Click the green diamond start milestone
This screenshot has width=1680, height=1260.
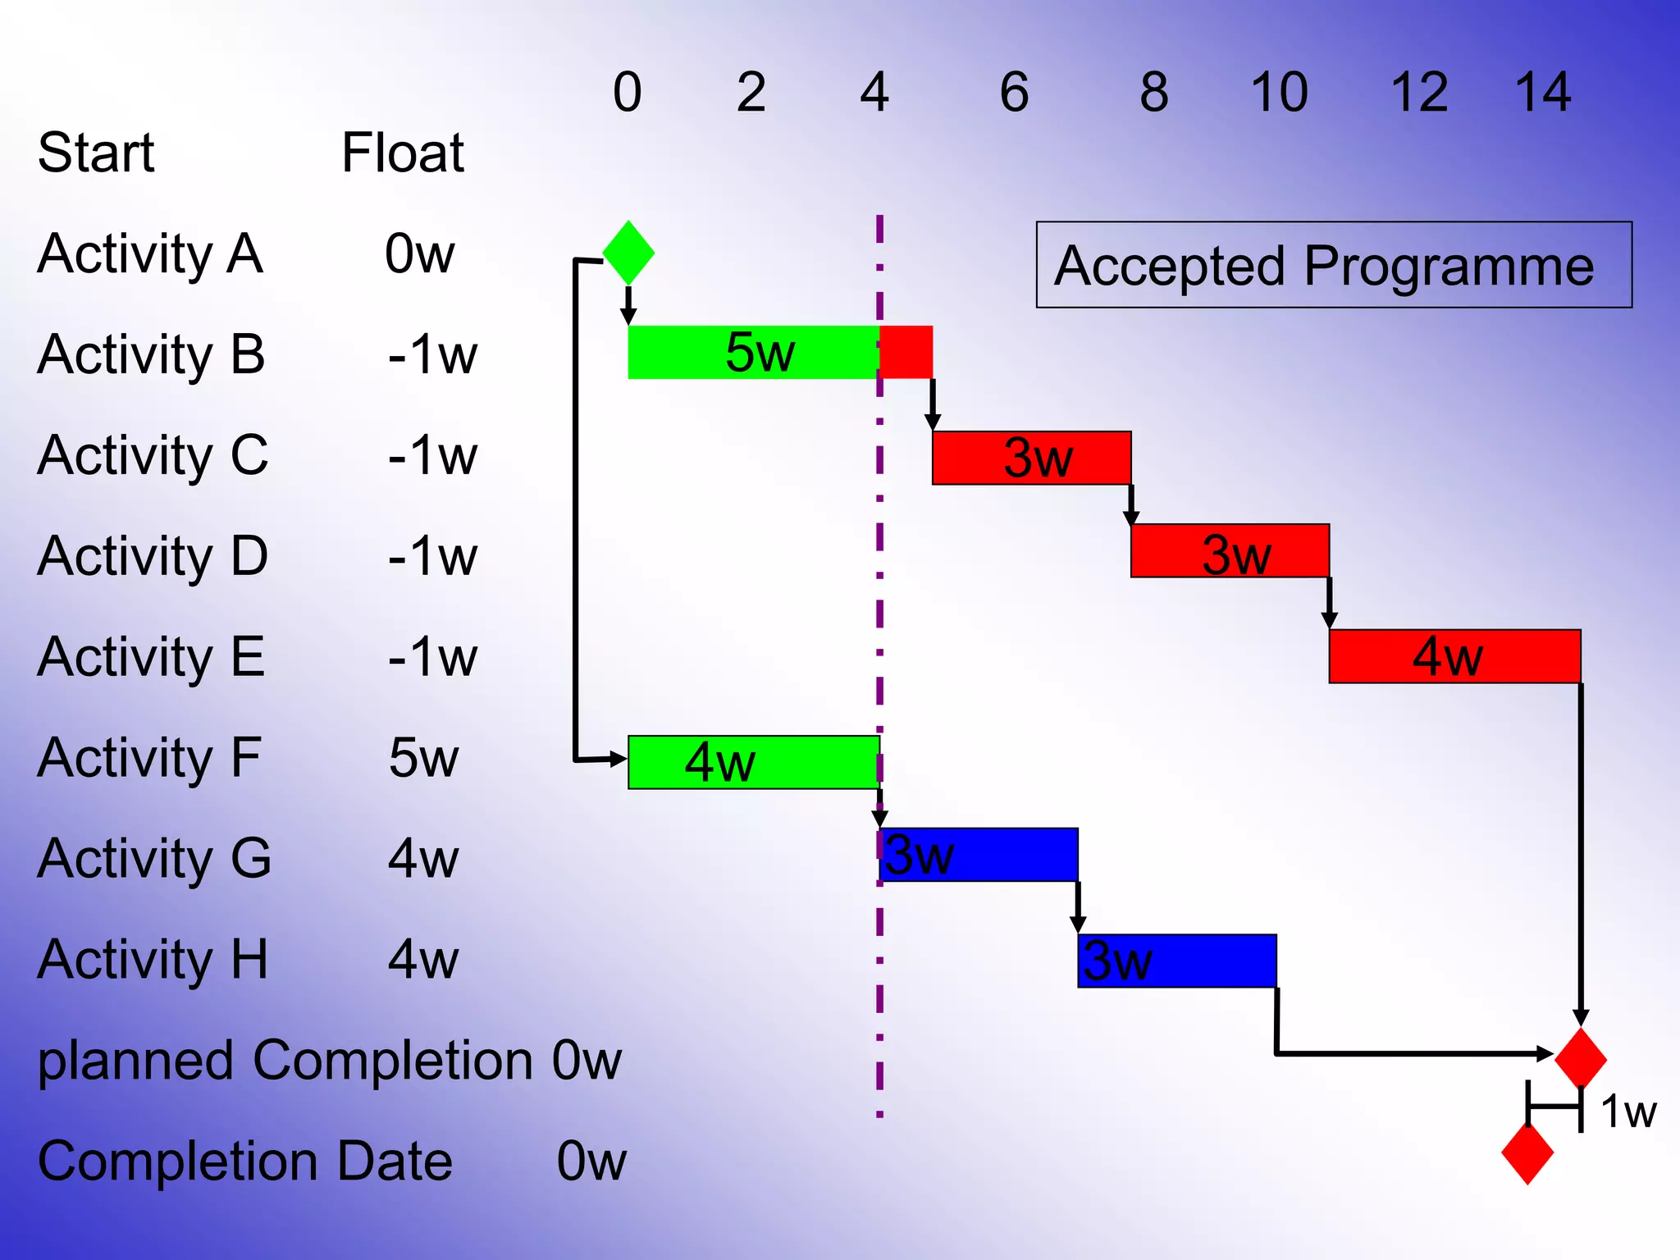click(628, 253)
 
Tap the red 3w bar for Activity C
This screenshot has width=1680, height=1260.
click(1031, 458)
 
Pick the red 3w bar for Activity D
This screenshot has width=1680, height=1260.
click(1230, 550)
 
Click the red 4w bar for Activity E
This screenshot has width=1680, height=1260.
click(1454, 656)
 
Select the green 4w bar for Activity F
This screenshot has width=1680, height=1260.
click(753, 762)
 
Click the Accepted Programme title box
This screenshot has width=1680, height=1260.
click(1333, 265)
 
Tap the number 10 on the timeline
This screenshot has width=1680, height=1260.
click(1278, 92)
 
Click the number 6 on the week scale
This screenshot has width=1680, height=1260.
click(1014, 92)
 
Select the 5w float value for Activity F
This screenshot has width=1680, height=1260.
click(423, 757)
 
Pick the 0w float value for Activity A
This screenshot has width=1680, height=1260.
click(419, 253)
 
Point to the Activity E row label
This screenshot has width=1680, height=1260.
click(151, 656)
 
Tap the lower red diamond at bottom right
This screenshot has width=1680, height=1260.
click(1527, 1153)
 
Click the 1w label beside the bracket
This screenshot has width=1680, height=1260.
click(1628, 1112)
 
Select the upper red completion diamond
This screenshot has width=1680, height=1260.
click(1581, 1057)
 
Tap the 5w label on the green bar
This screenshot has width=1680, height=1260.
click(760, 352)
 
